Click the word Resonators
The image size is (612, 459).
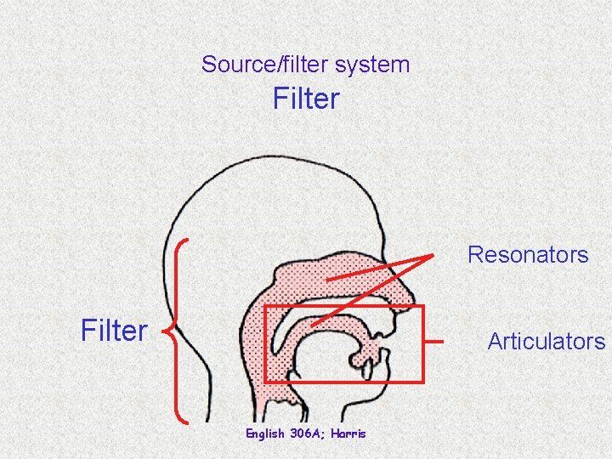[528, 254]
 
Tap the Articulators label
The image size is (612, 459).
[546, 342]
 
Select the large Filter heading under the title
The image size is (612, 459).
[306, 99]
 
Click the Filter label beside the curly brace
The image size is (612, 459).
[114, 330]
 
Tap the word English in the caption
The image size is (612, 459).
[265, 433]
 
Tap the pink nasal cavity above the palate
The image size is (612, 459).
[340, 272]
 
